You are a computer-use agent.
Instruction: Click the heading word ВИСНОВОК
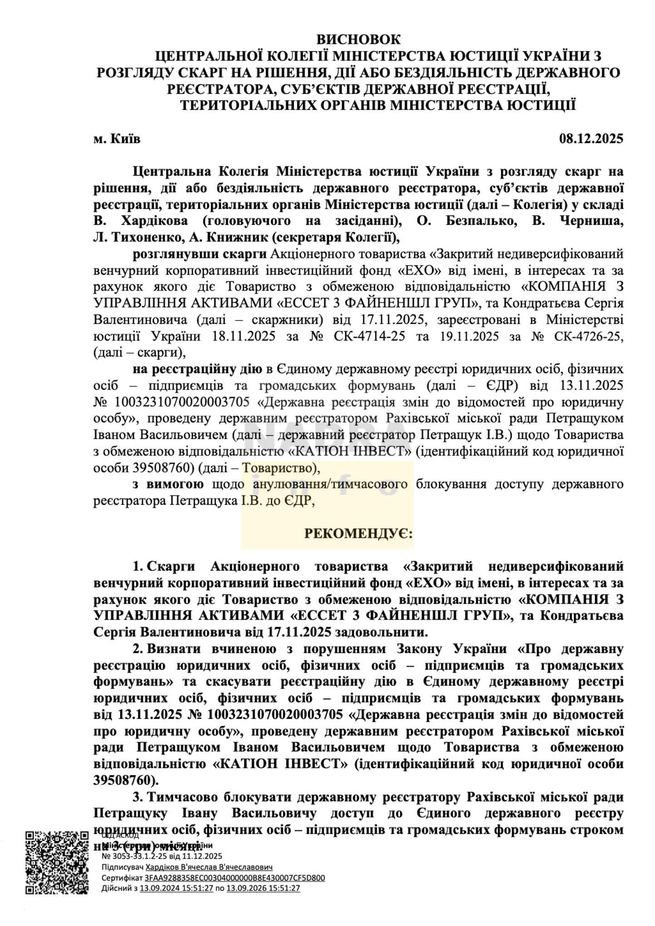(x=358, y=39)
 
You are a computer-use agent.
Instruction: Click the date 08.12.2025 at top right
(x=591, y=138)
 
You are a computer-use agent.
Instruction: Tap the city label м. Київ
(x=117, y=138)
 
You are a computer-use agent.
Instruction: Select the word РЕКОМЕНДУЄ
(x=358, y=533)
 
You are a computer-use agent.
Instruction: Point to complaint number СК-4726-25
(x=589, y=336)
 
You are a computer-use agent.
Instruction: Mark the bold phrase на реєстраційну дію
(x=197, y=369)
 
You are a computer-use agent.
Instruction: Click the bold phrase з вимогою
(x=168, y=484)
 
